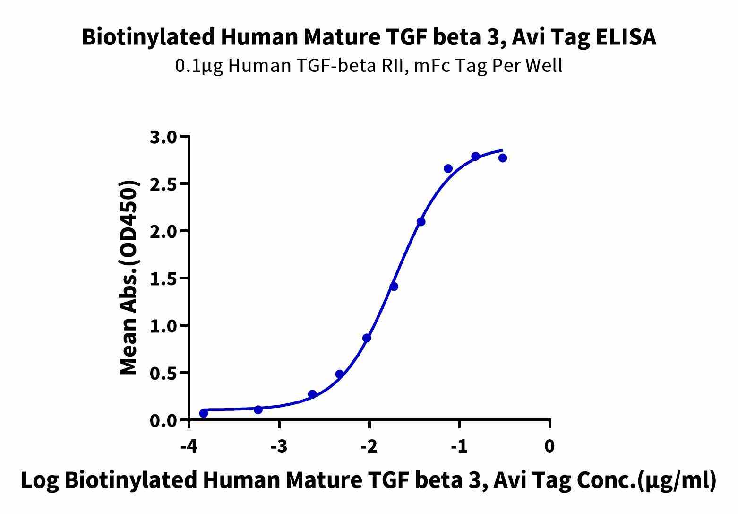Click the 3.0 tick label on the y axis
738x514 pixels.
click(163, 138)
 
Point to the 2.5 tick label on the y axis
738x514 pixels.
click(163, 184)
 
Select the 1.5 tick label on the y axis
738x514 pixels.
click(163, 279)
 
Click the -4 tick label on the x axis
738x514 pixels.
click(189, 446)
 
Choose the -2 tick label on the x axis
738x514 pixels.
click(369, 446)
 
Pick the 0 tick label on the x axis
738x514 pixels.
click(549, 446)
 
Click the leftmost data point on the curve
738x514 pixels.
click(204, 413)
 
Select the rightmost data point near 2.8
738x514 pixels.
click(503, 157)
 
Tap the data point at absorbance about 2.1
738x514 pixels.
click(421, 222)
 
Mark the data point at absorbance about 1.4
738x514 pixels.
click(394, 287)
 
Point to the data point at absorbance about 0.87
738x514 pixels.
click(367, 338)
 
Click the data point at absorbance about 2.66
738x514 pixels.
click(448, 169)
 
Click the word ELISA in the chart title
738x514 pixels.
click(625, 37)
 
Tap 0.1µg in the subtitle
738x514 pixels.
click(198, 66)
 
